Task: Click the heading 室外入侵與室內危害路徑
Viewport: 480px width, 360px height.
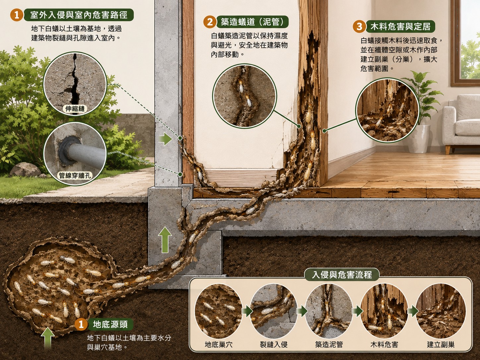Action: click(x=79, y=15)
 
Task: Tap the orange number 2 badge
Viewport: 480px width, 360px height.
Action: click(x=210, y=22)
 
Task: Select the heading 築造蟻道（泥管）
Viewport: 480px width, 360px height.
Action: click(x=252, y=22)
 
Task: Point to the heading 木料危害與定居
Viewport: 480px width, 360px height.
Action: click(x=400, y=27)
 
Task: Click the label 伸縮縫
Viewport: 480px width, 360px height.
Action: click(x=75, y=108)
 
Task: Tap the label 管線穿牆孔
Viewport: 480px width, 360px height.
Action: click(x=75, y=175)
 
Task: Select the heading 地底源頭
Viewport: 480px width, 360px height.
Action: click(x=110, y=325)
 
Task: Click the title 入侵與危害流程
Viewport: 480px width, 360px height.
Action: click(x=342, y=275)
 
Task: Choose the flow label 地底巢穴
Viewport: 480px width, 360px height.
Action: click(x=218, y=345)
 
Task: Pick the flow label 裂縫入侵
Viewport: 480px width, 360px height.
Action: click(x=273, y=345)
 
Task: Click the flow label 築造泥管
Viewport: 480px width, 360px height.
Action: click(x=329, y=345)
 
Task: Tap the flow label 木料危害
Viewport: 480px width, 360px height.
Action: click(x=384, y=345)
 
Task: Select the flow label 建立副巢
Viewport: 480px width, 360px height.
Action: click(x=441, y=345)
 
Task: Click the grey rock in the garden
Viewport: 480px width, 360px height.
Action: click(x=23, y=170)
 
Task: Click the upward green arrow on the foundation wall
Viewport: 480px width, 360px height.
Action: click(x=165, y=240)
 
